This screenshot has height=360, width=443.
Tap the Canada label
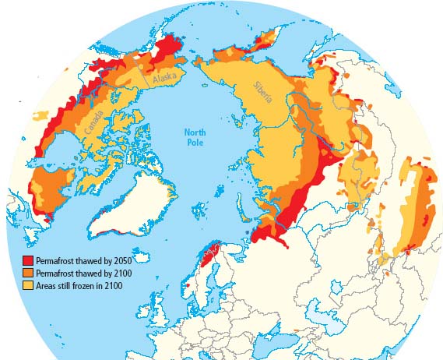click(x=94, y=131)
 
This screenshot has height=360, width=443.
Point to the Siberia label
click(x=262, y=95)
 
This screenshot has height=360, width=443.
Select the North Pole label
click(x=195, y=138)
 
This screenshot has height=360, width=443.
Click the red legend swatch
click(x=27, y=261)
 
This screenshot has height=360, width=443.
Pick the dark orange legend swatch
click(x=27, y=273)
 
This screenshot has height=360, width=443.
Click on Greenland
click(x=128, y=203)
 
